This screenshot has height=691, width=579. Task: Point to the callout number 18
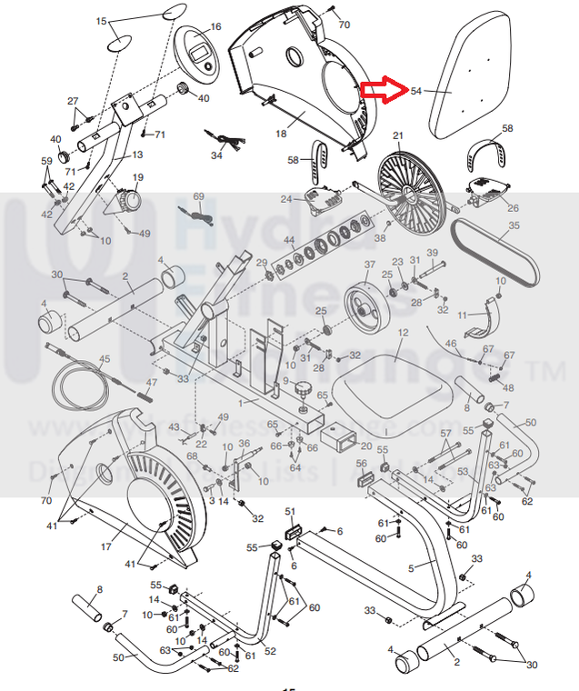click(x=282, y=134)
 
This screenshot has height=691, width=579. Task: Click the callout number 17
click(x=106, y=547)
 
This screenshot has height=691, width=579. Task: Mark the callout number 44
click(x=289, y=242)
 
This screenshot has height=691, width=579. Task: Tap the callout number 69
click(x=199, y=196)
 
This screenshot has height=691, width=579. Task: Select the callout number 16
click(x=215, y=27)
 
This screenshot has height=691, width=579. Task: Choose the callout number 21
click(x=397, y=135)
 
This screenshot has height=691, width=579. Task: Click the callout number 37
click(x=369, y=265)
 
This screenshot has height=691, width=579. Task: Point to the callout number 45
click(x=105, y=360)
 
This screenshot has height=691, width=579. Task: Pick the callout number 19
click(x=139, y=177)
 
